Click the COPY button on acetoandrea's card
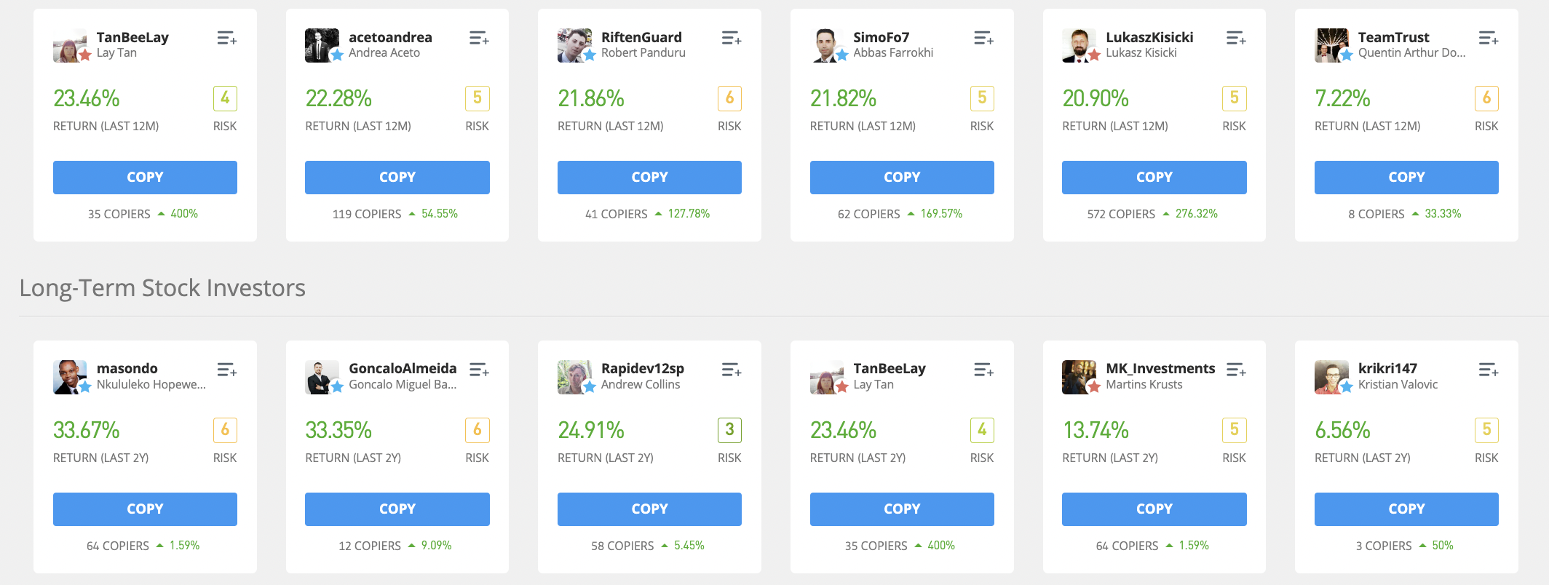(x=397, y=178)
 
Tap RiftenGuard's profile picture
(x=574, y=45)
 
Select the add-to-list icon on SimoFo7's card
(x=983, y=38)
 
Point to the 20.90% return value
(x=1096, y=98)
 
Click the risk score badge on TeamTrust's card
(x=1486, y=98)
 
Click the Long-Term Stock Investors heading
(x=162, y=288)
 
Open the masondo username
(x=127, y=368)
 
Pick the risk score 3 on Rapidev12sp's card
(x=729, y=430)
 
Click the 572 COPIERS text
(x=1121, y=214)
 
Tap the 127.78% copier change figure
(x=689, y=214)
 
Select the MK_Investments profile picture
(x=1079, y=377)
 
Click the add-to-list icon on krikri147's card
(x=1488, y=370)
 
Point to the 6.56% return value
(x=1342, y=430)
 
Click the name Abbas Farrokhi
(x=893, y=53)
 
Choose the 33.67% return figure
(x=86, y=430)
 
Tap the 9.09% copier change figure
(x=436, y=546)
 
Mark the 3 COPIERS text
(x=1383, y=546)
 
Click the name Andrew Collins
(x=641, y=385)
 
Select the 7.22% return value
(x=1342, y=98)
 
